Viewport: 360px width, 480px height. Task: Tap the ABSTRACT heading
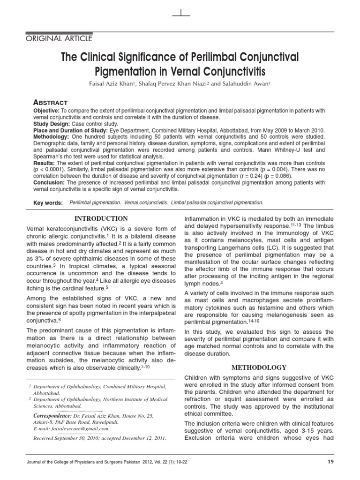(x=50, y=102)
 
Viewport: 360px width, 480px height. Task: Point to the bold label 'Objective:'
(x=46, y=110)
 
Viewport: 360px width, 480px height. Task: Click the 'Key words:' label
(x=48, y=202)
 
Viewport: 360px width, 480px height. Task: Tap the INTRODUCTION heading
(x=102, y=218)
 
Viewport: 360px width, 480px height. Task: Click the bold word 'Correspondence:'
(x=52, y=416)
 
